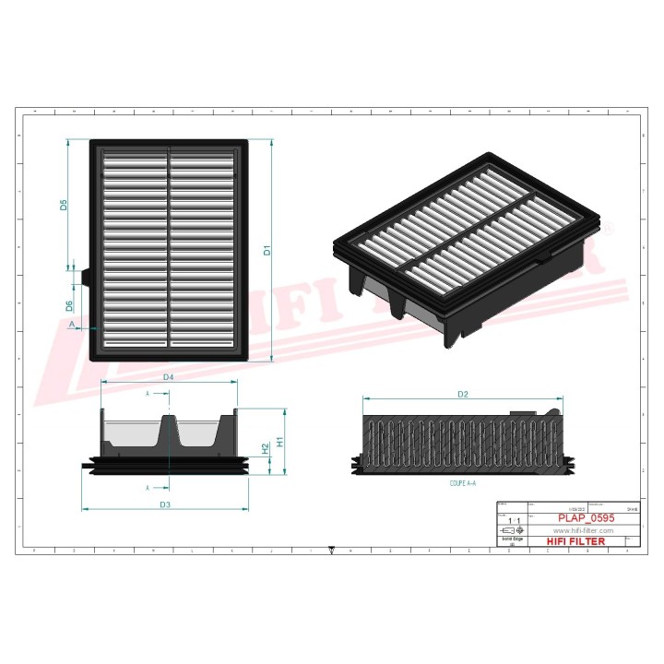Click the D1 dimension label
click(267, 250)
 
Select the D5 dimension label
click(65, 205)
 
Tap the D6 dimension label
click(69, 305)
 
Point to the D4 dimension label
click(169, 377)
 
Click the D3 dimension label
click(165, 504)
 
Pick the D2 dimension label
click(463, 395)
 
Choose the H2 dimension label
click(266, 448)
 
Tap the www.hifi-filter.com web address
click(583, 531)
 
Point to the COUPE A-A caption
click(463, 482)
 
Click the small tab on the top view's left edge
click(85, 276)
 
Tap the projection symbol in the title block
click(512, 532)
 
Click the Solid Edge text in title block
click(512, 540)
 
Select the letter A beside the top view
click(72, 326)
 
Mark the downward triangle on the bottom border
click(331, 551)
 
